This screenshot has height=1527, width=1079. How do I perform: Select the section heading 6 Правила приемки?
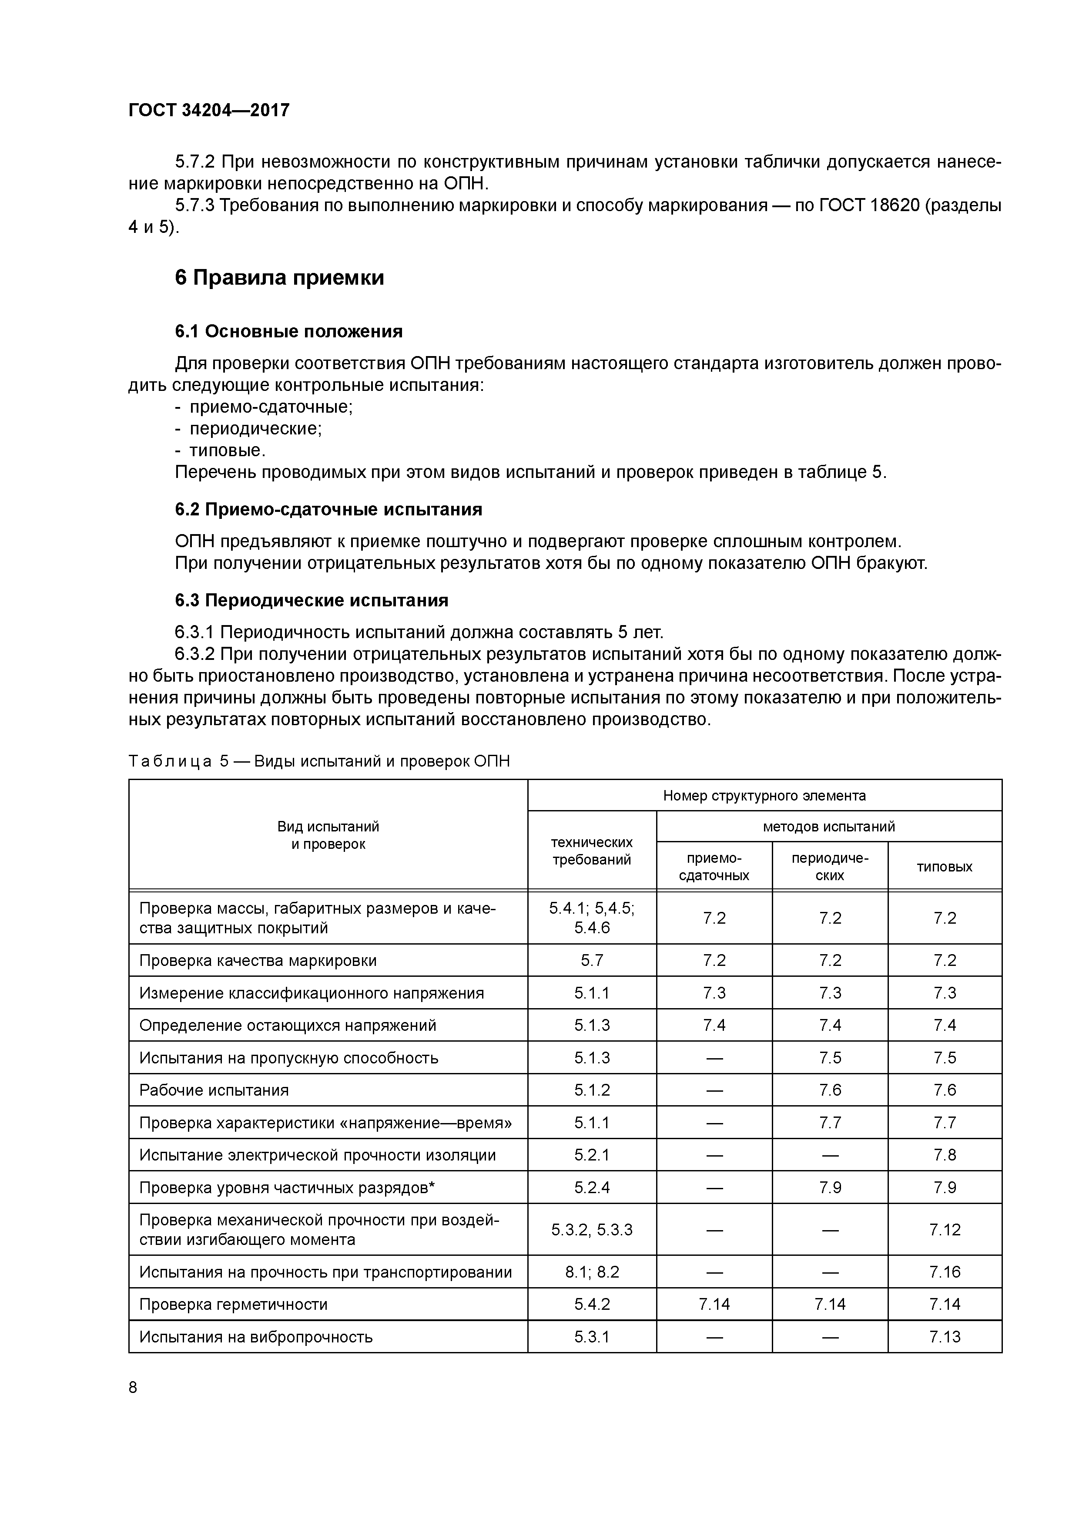point(279,277)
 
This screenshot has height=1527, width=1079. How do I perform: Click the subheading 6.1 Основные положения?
point(288,331)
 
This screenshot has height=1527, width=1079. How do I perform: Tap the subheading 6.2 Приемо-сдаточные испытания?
point(328,509)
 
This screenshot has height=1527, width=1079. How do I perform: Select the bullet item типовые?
point(227,451)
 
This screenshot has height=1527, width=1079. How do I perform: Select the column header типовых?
point(944,867)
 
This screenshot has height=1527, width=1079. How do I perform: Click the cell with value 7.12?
point(945,1230)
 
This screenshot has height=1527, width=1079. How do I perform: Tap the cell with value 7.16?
point(945,1272)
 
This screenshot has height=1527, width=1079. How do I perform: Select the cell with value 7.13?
point(945,1337)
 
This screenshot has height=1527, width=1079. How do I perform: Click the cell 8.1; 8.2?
point(592,1272)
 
